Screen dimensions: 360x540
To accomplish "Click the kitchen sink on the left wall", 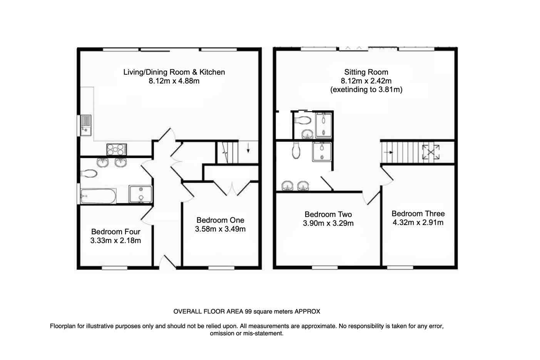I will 85,125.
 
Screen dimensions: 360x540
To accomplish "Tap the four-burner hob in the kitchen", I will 116,148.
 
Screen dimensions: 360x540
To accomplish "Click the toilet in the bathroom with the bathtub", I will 89,174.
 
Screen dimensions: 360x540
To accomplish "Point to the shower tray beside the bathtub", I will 140,194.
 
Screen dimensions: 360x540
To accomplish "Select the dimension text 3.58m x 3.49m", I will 220,229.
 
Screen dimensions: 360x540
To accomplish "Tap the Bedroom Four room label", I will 115,232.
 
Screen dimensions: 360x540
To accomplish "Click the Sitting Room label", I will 366,72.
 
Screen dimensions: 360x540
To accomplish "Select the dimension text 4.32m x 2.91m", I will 418,222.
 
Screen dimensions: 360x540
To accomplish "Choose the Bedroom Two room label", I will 328,214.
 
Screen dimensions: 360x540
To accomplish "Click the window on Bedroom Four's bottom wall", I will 115,268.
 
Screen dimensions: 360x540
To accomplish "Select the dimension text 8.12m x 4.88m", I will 174,81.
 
